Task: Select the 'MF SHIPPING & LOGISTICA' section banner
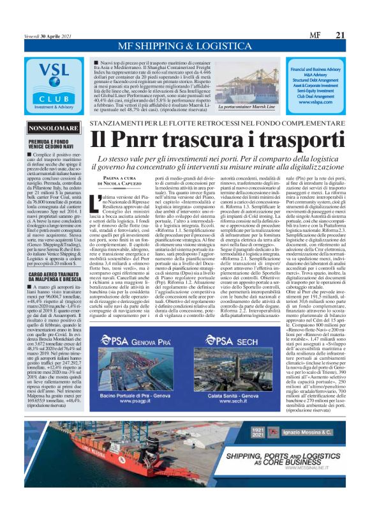pyautogui.click(x=185, y=47)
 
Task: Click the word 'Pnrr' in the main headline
pyautogui.click(x=145, y=139)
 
